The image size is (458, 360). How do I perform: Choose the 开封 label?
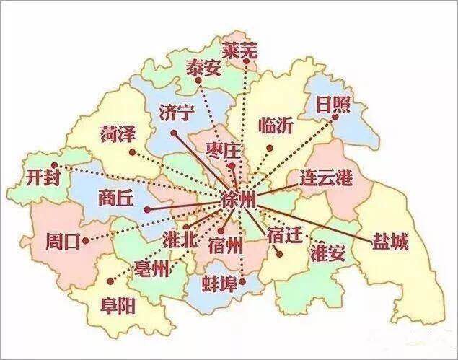pyautogui.click(x=40, y=176)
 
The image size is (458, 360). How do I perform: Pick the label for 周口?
pyautogui.click(x=62, y=241)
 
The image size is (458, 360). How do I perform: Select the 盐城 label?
pyautogui.click(x=389, y=242)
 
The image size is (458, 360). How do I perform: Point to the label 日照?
pyautogui.click(x=333, y=107)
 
